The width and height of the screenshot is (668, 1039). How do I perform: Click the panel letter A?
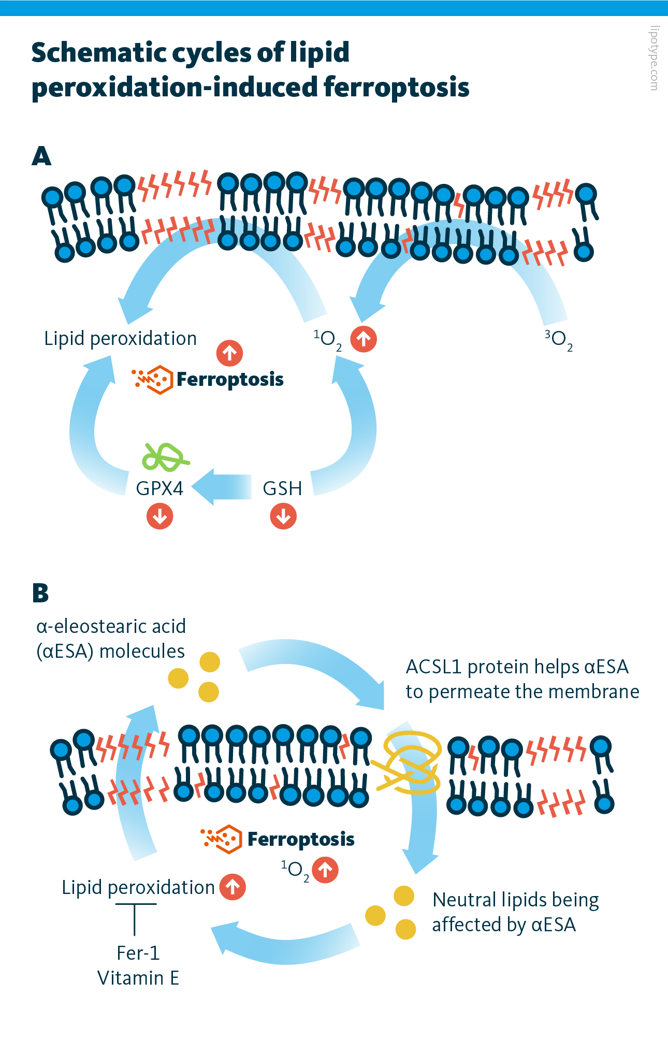(41, 156)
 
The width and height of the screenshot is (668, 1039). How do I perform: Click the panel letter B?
(40, 593)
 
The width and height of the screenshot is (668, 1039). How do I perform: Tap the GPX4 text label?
(159, 488)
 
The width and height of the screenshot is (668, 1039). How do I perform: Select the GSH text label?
(282, 488)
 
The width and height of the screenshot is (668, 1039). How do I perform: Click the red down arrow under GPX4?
(159, 516)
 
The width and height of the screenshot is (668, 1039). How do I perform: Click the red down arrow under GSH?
(283, 516)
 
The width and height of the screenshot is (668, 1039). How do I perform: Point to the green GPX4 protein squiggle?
(165, 457)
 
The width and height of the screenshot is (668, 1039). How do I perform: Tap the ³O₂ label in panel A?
(558, 340)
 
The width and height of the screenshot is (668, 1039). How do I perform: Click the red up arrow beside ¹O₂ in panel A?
(364, 339)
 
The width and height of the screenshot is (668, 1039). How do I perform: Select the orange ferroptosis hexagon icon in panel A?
(153, 379)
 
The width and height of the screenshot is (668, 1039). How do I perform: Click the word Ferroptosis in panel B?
(301, 839)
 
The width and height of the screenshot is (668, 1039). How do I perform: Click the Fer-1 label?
(138, 953)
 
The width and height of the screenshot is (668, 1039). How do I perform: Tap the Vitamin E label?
(138, 978)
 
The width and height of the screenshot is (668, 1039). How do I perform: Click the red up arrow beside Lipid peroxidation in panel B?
(233, 887)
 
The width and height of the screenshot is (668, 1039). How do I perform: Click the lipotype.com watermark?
(654, 58)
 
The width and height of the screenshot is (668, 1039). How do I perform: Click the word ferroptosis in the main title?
(396, 86)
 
